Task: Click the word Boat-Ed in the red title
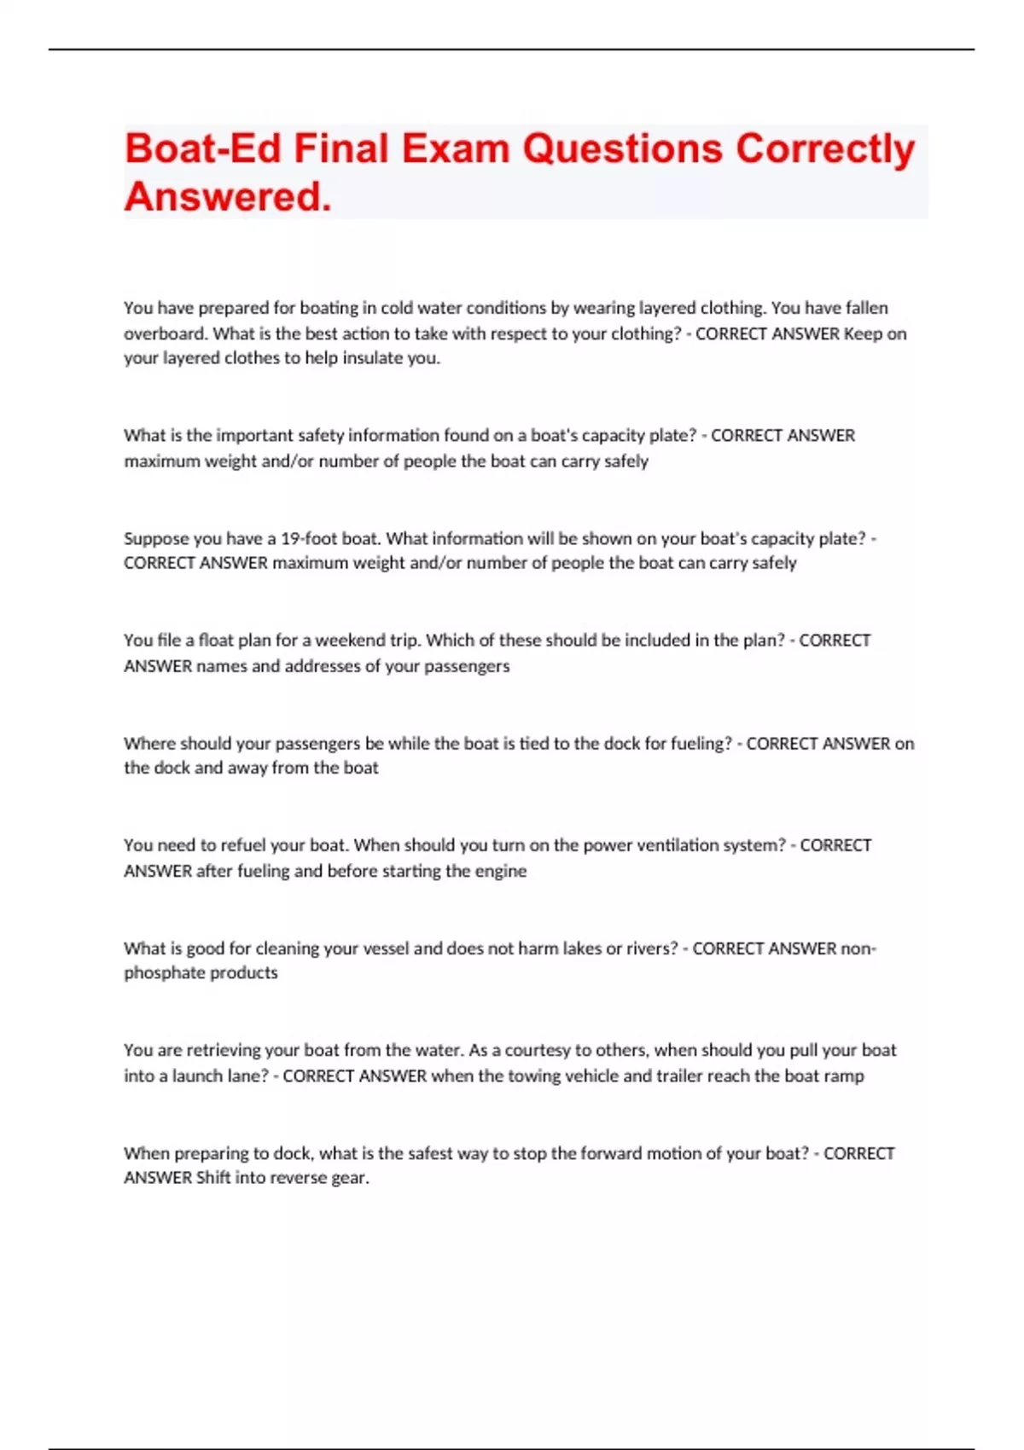pos(202,148)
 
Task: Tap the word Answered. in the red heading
pos(228,197)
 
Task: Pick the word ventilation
pos(677,845)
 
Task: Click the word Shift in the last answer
pos(213,1178)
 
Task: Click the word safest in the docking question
pos(431,1153)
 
